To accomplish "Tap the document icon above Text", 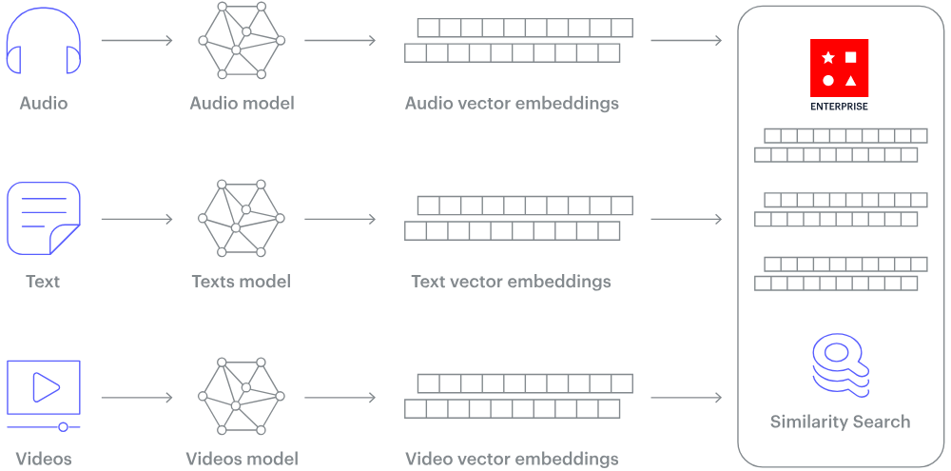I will pos(44,218).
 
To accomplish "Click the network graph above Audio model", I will pos(242,41).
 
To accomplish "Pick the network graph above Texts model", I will pos(242,219).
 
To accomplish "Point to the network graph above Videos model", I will pos(242,397).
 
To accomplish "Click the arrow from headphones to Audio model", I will pos(137,41).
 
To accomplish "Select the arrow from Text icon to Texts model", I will pos(137,219).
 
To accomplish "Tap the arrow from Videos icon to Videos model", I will pos(137,397).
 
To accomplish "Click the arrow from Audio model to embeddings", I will pos(340,41).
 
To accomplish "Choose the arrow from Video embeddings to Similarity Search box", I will pos(686,397).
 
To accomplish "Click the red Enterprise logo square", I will pos(839,68).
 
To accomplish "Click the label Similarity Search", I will pos(840,422).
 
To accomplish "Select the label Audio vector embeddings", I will pos(512,103).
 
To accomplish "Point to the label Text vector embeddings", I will pos(511,282).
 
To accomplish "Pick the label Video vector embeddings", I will pos(512,459).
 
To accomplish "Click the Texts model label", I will pos(241,282).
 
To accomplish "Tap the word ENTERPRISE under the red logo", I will pos(839,107).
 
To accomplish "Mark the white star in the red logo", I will pos(828,58).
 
